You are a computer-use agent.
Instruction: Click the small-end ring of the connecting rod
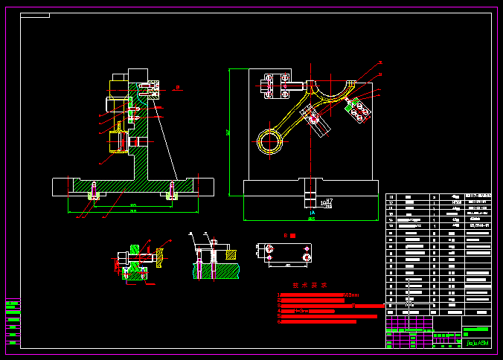click(272, 139)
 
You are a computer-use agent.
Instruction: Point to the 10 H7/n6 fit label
click(326, 202)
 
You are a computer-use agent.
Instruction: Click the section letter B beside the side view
click(177, 88)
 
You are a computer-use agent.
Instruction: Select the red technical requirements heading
click(310, 285)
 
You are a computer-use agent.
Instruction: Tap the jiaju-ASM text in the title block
click(477, 344)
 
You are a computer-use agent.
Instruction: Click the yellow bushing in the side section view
click(119, 140)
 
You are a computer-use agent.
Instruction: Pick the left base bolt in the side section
click(94, 191)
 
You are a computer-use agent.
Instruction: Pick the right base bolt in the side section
click(173, 191)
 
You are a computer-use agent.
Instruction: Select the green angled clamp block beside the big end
click(358, 109)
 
